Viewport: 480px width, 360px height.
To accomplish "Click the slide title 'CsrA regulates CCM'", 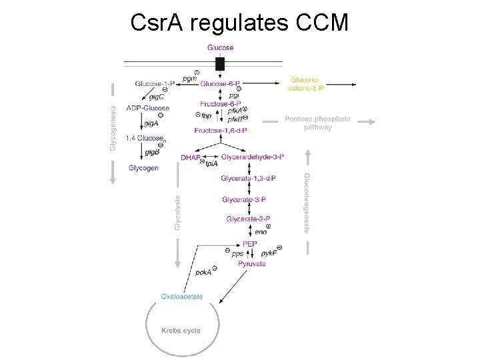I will click(239, 23).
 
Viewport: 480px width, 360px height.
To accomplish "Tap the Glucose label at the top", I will click(221, 47).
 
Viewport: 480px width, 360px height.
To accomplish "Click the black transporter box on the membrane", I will click(220, 64).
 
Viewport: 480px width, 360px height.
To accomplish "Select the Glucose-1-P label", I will click(155, 83).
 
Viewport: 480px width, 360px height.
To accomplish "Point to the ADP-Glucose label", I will click(148, 108).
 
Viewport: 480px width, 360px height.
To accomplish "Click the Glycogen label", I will click(143, 168).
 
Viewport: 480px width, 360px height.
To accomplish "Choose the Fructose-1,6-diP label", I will click(221, 131).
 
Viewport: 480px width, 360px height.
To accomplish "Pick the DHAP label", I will click(190, 157).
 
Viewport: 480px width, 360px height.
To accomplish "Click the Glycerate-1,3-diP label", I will click(249, 179).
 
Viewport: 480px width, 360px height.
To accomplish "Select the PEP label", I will click(250, 244).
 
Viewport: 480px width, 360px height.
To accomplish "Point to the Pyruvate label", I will click(251, 263).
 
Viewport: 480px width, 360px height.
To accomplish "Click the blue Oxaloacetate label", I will click(182, 296).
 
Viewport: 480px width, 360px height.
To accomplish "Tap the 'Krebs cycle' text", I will click(181, 331).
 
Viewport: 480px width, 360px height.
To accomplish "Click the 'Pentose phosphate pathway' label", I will click(317, 123).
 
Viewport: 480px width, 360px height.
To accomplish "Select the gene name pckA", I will click(203, 272).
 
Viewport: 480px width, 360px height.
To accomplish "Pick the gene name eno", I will click(261, 232).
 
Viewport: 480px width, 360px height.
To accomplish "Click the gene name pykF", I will click(269, 254).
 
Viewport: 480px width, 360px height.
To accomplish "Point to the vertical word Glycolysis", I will click(178, 213).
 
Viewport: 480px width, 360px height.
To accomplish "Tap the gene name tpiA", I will click(211, 163).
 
